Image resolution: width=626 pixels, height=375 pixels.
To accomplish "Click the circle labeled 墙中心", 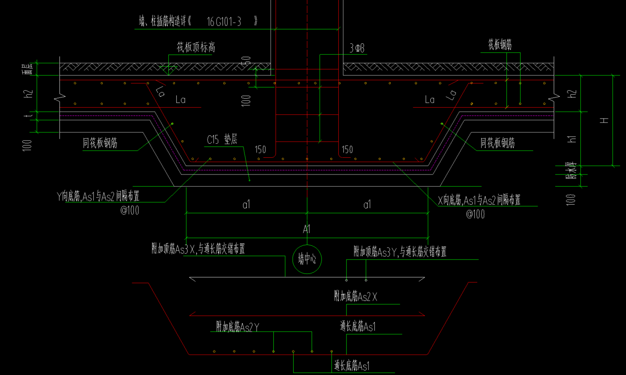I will pos(307,260).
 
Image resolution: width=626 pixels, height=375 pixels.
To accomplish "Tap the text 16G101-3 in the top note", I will pos(224,21).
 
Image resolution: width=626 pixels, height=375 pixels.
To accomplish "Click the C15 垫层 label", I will pos(222,140).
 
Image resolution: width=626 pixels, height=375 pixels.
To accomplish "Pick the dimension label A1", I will pos(307,229).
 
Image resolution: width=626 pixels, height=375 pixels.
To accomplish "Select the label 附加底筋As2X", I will pos(355,296).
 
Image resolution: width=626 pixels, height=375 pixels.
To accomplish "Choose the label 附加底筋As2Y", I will pos(237,326).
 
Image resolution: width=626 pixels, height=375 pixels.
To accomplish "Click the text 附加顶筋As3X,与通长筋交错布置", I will pos(198,249).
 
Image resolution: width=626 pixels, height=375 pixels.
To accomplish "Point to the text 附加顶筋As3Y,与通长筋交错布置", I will pos(400,252).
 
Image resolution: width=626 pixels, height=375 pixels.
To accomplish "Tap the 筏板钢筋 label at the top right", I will pos(500,44).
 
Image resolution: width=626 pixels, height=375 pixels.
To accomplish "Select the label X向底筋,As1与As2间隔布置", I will pos(479,200).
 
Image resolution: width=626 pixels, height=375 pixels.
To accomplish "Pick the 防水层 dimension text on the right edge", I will pos(572,171).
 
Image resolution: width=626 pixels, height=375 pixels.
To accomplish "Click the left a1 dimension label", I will pos(246,205).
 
